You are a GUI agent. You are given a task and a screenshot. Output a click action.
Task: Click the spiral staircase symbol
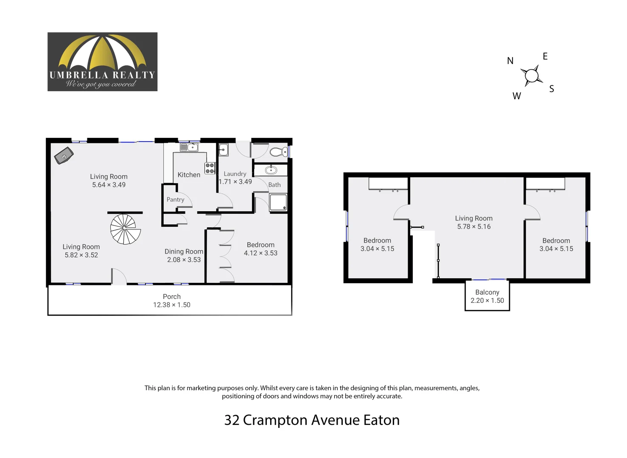click(125, 229)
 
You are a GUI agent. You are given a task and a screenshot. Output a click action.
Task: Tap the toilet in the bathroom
click(278, 152)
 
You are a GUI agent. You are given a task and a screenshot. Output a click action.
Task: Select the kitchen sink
click(189, 148)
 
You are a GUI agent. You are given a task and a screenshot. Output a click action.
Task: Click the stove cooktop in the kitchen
click(210, 168)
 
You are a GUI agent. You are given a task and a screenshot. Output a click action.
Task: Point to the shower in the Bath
click(278, 202)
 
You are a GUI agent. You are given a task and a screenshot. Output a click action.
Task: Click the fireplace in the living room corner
click(64, 156)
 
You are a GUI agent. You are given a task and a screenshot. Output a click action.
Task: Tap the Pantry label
click(175, 200)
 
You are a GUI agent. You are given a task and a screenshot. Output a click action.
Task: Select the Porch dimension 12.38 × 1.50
click(171, 305)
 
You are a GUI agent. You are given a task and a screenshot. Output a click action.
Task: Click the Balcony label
click(487, 292)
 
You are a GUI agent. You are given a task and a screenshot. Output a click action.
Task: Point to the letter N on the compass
click(510, 61)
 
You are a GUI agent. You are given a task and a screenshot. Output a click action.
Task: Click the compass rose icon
click(531, 76)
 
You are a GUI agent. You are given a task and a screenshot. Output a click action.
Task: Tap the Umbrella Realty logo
click(102, 62)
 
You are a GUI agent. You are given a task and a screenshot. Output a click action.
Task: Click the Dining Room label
click(184, 251)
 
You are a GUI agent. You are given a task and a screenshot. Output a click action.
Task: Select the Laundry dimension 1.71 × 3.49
click(235, 182)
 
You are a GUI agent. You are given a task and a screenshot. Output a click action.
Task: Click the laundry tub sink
click(224, 150)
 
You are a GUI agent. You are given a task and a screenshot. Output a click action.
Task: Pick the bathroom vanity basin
click(271, 170)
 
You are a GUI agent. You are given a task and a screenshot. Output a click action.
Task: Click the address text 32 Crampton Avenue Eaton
click(312, 420)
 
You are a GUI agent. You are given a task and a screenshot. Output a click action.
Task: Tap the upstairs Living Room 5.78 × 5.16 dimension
click(473, 227)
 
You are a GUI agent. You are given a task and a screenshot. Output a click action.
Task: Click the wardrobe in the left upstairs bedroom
click(388, 184)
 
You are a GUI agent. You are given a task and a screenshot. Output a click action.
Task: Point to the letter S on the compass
click(551, 89)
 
